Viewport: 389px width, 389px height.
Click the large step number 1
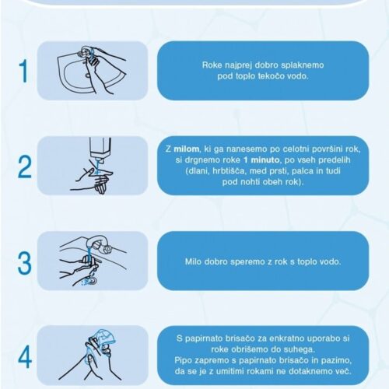24,71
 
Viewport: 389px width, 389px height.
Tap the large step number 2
25,166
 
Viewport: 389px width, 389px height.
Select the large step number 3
25,262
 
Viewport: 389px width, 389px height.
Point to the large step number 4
25,357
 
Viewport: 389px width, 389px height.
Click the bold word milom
187,149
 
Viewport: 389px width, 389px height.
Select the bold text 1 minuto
261,159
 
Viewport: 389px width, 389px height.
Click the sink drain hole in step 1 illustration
87,75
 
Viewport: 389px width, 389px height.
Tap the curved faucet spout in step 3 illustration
95,240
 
